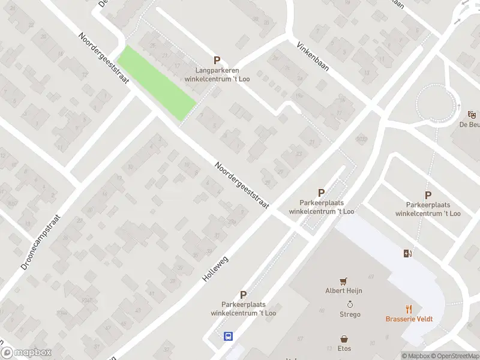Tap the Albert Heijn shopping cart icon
pyautogui.click(x=344, y=281)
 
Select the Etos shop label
pyautogui.click(x=344, y=348)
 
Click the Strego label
pyautogui.click(x=350, y=314)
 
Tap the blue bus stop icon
pyautogui.click(x=229, y=337)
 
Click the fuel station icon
pyautogui.click(x=408, y=254)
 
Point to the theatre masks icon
pyautogui.click(x=472, y=114)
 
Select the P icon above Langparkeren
pyautogui.click(x=217, y=60)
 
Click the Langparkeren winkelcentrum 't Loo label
pyautogui.click(x=217, y=74)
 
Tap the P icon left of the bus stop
pyautogui.click(x=243, y=295)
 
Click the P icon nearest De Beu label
pyautogui.click(x=428, y=195)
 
